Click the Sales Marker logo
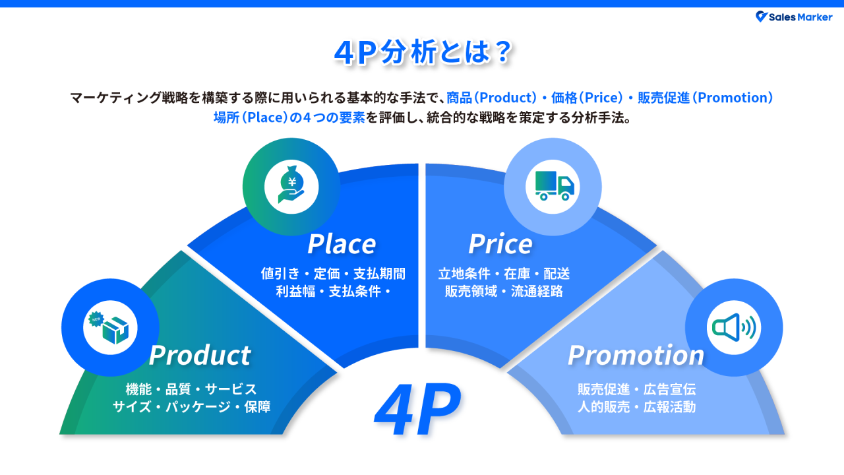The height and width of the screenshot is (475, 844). coord(794,17)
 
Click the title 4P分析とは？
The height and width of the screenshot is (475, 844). coord(422,53)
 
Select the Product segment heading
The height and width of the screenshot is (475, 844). coord(200,355)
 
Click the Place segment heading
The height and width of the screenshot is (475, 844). coord(342,243)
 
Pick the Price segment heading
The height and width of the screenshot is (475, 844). coord(500,243)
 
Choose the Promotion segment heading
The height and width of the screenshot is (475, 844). coord(636,355)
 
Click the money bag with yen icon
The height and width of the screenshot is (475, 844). coord(291,187)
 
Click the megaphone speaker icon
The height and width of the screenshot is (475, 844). coord(733,327)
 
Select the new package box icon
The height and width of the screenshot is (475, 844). coord(109,327)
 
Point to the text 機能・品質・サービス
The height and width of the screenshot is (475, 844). coord(191,389)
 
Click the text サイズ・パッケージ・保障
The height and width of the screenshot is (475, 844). coord(191,406)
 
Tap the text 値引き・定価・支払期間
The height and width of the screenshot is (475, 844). coord(333,274)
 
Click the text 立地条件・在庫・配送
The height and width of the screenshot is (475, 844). coord(504,274)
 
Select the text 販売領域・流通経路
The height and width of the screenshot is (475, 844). coord(504,291)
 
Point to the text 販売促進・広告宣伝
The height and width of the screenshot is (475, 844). coord(636,389)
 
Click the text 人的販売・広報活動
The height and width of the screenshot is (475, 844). coord(636,406)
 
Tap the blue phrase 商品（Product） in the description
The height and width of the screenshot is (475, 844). coord(492,98)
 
